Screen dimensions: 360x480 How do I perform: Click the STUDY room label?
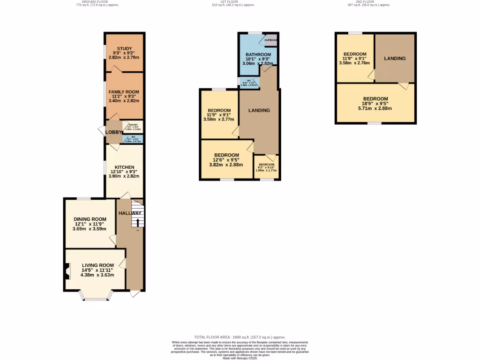(125, 48)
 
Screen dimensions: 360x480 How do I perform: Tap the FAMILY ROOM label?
(124, 92)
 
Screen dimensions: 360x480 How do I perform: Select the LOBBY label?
(113, 132)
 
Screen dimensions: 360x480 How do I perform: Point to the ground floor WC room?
(133, 139)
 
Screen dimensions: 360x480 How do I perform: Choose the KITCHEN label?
(124, 167)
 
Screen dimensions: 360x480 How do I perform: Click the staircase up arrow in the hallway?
(138, 222)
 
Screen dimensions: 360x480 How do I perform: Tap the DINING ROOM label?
(90, 219)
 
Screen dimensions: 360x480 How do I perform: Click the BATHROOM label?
(258, 54)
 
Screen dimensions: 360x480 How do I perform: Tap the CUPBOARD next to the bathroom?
(271, 40)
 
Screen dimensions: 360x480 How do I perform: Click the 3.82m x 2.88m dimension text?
(227, 165)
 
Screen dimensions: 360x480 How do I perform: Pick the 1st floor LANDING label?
(259, 111)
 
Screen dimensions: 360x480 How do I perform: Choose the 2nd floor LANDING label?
(395, 59)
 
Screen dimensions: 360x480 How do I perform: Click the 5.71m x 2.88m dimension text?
(375, 108)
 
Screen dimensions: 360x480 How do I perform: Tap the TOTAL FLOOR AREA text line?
(240, 337)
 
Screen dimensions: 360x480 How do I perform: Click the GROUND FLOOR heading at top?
(97, 2)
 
